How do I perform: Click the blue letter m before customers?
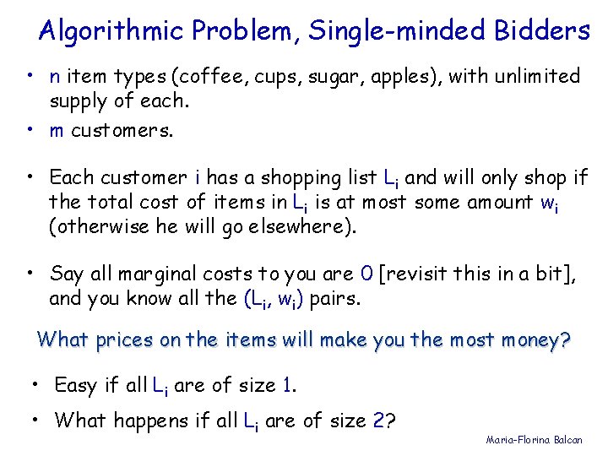57,131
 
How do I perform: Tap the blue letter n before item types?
54,78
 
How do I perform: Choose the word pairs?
340,298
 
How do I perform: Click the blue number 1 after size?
289,386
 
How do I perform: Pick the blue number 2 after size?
379,420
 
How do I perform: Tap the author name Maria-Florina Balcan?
534,441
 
